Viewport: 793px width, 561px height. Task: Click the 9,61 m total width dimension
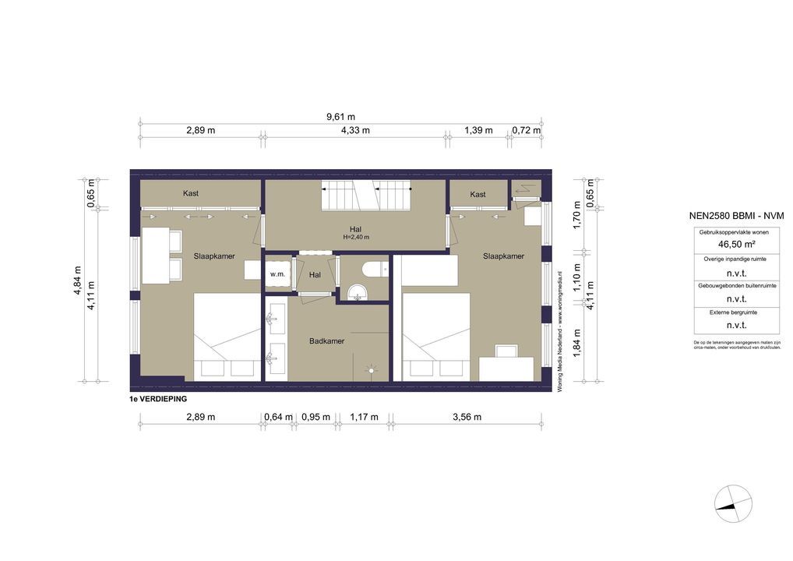pos(340,117)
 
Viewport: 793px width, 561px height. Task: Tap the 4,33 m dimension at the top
pos(355,130)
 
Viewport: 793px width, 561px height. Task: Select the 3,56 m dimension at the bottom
pos(467,417)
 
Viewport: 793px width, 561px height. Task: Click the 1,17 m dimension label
pos(364,417)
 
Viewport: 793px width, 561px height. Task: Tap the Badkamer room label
pos(326,340)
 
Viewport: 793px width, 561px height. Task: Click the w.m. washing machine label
pos(277,274)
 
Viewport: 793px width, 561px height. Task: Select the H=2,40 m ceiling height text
pos(355,237)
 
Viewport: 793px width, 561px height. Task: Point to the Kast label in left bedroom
pos(192,193)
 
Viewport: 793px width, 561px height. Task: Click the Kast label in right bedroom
pos(478,194)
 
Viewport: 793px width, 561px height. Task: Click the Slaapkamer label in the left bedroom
pos(214,256)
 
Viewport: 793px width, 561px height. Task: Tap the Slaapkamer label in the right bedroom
pos(503,256)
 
